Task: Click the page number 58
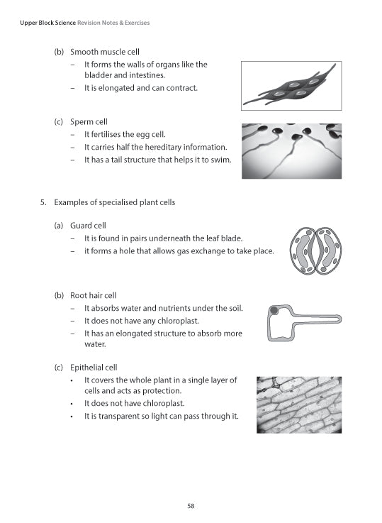coord(191,506)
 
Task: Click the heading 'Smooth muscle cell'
coord(105,52)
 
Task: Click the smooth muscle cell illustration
coord(291,86)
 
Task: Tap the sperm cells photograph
coord(291,151)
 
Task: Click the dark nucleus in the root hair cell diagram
coord(274,312)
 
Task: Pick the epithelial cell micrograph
coord(298,404)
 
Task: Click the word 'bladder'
coord(98,75)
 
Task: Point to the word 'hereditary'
coord(157,147)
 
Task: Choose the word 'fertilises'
coord(108,134)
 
